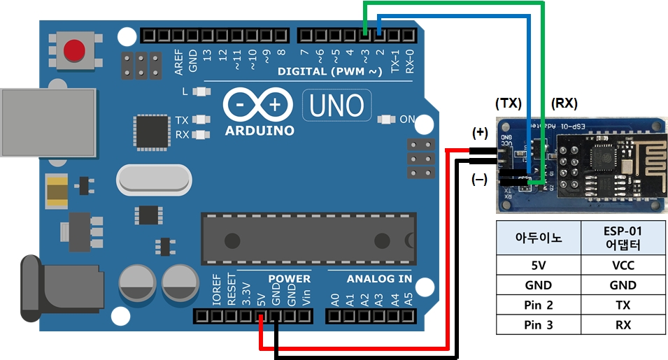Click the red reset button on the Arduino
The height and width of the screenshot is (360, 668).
[74, 51]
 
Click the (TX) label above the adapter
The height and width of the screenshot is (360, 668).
[509, 103]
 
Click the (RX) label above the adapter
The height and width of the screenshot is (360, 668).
[564, 103]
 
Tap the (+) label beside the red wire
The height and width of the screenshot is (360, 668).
[480, 133]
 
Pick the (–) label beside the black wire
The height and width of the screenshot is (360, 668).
[480, 180]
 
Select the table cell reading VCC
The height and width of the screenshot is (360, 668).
[623, 265]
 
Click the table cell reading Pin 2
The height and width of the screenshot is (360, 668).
[538, 305]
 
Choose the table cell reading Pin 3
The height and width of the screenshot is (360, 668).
[538, 324]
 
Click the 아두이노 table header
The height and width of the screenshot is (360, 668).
[538, 239]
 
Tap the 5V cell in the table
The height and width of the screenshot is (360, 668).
[538, 265]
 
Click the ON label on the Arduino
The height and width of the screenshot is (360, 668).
[406, 119]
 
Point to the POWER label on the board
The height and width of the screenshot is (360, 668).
[289, 279]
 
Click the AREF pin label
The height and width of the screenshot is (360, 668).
[179, 62]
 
